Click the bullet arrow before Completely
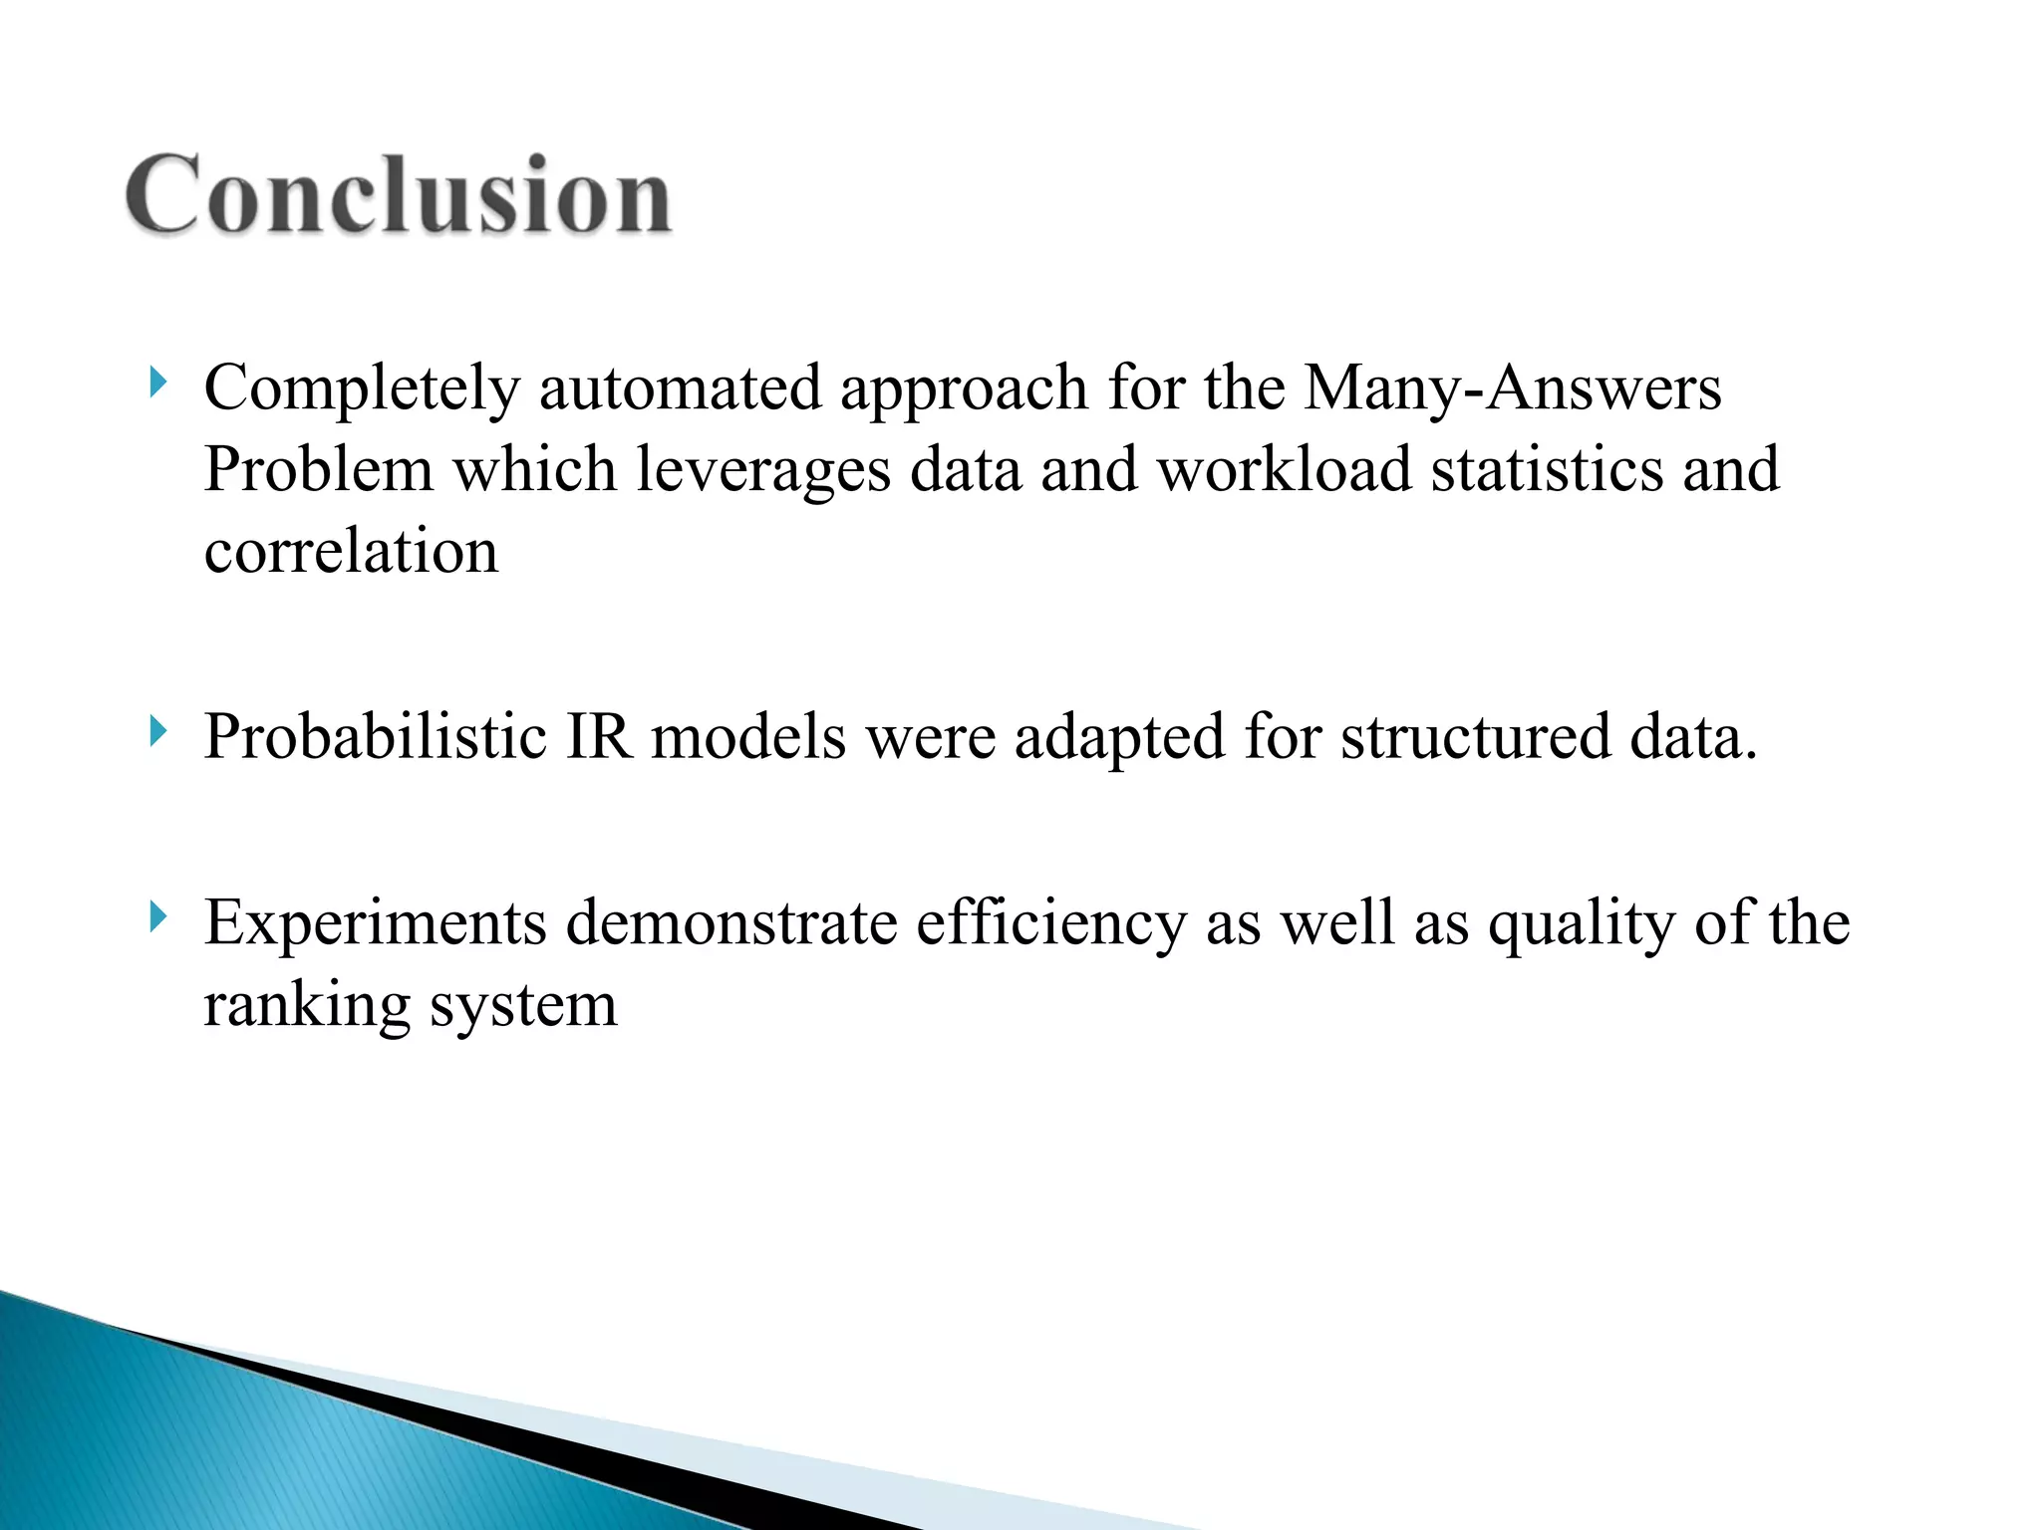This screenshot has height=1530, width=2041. click(157, 382)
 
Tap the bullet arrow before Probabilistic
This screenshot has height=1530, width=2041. click(157, 732)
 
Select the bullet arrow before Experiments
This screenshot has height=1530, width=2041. click(157, 916)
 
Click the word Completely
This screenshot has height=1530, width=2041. click(362, 388)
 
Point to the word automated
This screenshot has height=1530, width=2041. click(680, 388)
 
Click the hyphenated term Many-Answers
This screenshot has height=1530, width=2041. click(1512, 388)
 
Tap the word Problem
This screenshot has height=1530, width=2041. click(319, 470)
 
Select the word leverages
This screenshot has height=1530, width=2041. click(762, 470)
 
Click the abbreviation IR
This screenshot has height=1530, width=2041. click(599, 738)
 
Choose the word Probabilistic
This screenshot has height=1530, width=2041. click(375, 738)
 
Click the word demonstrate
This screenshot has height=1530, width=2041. click(731, 922)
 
